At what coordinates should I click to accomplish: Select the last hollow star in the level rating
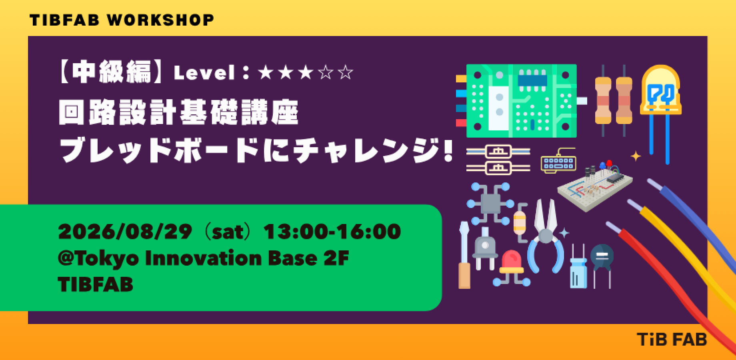[x=346, y=73]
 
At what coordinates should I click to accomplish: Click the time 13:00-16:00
[x=332, y=232]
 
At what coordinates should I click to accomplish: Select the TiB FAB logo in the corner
[x=672, y=340]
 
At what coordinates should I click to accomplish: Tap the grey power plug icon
[x=485, y=248]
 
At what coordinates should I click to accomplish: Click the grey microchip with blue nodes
[x=490, y=204]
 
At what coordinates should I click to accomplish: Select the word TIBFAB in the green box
[x=96, y=285]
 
